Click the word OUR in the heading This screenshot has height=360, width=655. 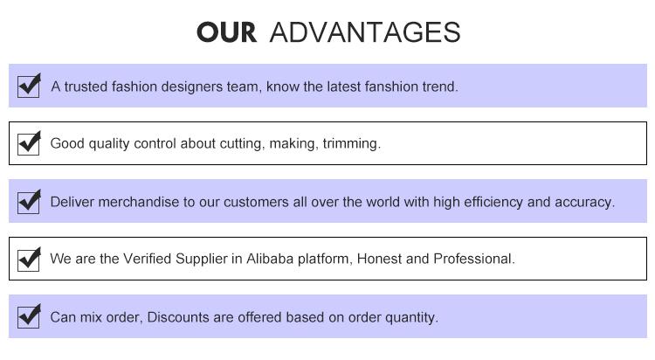(x=226, y=32)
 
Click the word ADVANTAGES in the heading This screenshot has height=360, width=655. (x=365, y=32)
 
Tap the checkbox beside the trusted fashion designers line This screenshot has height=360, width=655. (x=29, y=86)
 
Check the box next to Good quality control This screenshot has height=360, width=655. (x=29, y=142)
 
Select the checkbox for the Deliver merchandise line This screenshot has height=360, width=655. (x=29, y=201)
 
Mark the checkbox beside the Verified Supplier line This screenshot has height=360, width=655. (x=29, y=259)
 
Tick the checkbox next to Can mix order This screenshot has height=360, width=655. (x=29, y=316)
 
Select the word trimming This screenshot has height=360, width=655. (x=351, y=143)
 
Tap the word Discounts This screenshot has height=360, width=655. (x=177, y=317)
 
